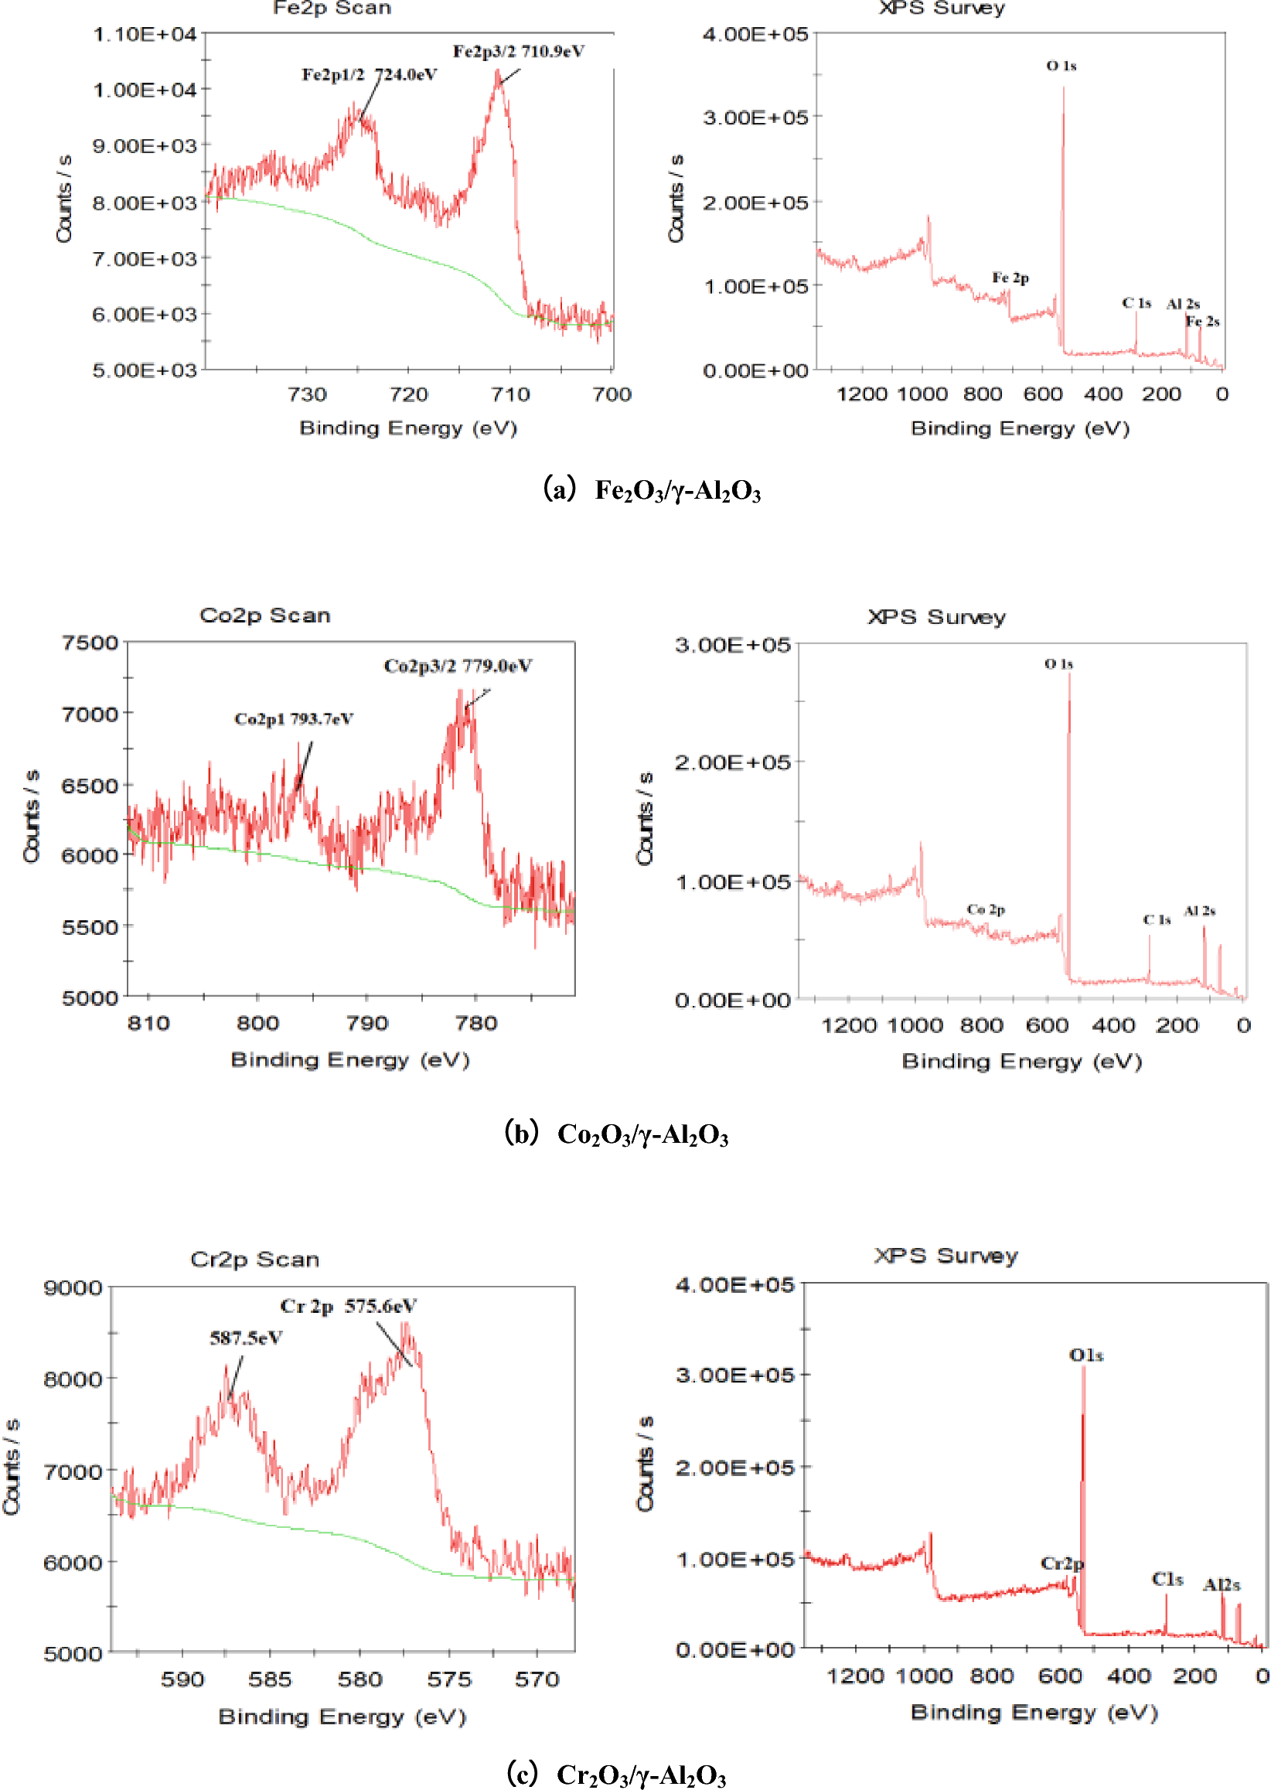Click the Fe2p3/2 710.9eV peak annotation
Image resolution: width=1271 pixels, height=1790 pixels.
[518, 52]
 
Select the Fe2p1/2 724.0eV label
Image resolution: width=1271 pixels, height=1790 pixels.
[369, 75]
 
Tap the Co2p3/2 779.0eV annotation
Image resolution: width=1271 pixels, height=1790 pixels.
[458, 666]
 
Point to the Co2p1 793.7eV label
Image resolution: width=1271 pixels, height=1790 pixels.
[294, 719]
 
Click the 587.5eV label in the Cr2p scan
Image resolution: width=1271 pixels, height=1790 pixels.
[246, 1338]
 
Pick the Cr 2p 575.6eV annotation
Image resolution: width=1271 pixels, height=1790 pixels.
[348, 1306]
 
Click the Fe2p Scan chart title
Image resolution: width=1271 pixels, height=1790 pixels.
[332, 9]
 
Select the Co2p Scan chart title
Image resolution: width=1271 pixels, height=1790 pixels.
[264, 615]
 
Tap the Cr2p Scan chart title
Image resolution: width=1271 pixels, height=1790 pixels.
[255, 1260]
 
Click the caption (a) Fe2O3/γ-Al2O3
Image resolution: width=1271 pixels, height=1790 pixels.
[651, 490]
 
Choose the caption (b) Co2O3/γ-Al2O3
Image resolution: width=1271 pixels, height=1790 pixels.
[616, 1134]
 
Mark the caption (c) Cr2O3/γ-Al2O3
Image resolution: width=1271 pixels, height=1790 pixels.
[616, 1774]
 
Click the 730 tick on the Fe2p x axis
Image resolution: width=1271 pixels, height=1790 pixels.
[307, 394]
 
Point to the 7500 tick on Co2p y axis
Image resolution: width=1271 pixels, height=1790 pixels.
[90, 643]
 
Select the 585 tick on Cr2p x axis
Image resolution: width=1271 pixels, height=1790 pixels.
[270, 1679]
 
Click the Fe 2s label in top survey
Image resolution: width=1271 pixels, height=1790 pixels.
[1202, 322]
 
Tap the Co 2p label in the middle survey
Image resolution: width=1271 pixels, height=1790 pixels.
[986, 909]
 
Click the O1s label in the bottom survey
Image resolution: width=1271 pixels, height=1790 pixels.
[1086, 1355]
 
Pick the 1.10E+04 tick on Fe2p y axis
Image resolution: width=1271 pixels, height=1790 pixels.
[145, 35]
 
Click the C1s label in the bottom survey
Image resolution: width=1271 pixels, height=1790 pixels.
[1167, 1580]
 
